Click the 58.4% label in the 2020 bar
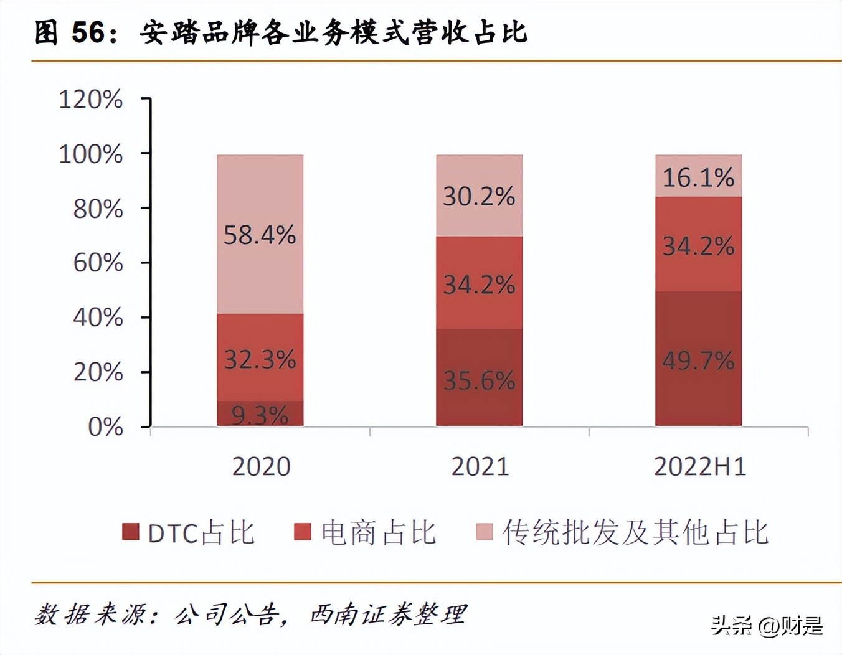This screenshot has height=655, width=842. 260,235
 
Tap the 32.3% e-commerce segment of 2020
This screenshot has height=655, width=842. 260,359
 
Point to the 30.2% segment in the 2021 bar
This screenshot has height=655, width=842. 479,197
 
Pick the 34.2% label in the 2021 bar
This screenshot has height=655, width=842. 479,285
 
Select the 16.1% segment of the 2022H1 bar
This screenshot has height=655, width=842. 698,178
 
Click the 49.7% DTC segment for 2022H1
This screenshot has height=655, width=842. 698,360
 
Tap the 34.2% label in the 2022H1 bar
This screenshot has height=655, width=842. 698,246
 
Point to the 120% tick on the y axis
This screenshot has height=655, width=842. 91,100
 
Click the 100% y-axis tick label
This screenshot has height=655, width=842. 91,154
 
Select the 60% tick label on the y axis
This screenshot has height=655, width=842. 98,263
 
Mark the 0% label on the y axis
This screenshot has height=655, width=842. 105,427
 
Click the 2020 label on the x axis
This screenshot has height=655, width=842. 261,466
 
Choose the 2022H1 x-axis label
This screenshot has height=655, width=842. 700,466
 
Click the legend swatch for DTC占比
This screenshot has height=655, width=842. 131,532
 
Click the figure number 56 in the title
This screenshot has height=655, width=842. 88,32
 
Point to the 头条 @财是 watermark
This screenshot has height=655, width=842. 767,625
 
